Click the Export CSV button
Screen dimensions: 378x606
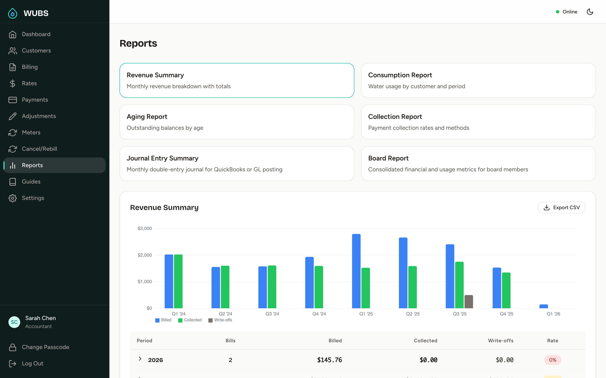(561, 207)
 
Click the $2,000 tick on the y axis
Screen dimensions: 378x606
(145, 255)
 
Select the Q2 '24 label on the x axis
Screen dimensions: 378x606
(225, 314)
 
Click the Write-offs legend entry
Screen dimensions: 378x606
(220, 320)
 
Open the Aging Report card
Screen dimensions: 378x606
(237, 122)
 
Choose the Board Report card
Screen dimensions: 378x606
(478, 164)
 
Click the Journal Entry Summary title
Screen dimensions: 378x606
(162, 158)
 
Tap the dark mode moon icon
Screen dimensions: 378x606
(590, 12)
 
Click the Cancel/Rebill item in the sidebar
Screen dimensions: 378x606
(39, 149)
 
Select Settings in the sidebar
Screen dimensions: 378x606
(33, 198)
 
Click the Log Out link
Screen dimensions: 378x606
(32, 363)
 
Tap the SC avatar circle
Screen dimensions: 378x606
(14, 322)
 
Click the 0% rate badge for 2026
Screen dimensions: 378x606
(552, 360)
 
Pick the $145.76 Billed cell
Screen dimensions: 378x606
(329, 360)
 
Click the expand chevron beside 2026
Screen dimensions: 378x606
(140, 359)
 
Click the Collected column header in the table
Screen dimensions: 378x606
(425, 340)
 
